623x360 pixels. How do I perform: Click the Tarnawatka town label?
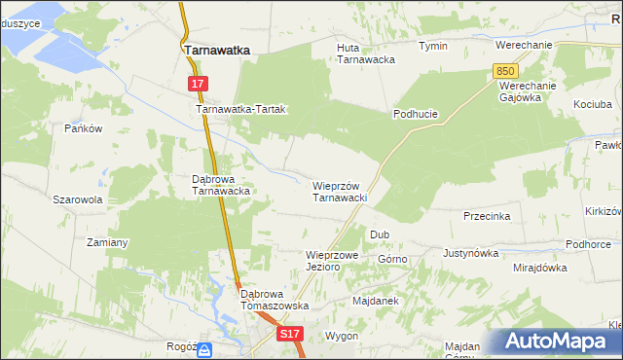point(217,49)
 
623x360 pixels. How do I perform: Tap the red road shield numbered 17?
point(198,85)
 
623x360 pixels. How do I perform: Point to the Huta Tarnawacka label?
point(365,53)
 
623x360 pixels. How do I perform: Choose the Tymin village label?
point(433,46)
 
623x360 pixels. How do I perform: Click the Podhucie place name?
point(416,114)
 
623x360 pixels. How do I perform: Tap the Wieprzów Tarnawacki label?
point(339,191)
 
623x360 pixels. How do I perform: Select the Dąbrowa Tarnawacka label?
point(221,185)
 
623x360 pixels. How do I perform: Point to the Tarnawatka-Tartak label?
point(240,110)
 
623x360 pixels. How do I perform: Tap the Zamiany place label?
point(108,241)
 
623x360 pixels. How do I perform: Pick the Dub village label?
point(380,234)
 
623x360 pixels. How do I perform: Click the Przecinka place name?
point(487,216)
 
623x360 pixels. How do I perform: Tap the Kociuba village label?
point(594,103)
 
